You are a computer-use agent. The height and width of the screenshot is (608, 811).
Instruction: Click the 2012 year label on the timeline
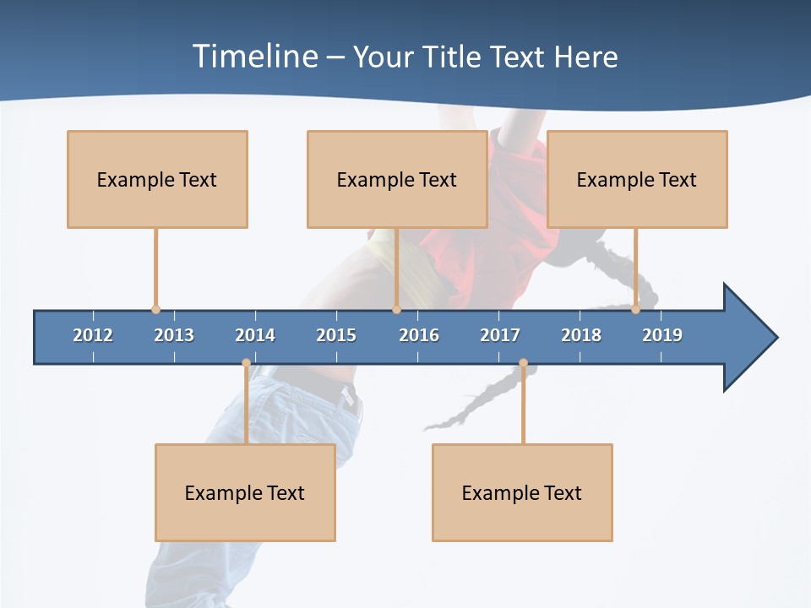tap(93, 335)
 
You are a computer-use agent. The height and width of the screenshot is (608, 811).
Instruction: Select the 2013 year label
tap(174, 335)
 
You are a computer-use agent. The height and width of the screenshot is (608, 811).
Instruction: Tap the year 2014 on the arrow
tap(255, 335)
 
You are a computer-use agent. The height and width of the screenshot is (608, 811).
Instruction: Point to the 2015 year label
tap(336, 335)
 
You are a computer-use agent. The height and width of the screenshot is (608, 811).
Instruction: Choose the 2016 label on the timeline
tap(419, 335)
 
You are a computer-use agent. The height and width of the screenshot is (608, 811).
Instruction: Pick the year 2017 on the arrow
tap(500, 335)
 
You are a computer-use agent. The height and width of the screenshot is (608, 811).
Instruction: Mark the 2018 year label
tap(581, 335)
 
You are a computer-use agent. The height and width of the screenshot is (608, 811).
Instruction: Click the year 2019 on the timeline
tap(662, 335)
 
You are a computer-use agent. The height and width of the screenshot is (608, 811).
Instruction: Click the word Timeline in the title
tap(253, 57)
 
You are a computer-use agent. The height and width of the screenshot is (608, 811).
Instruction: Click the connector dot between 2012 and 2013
tap(155, 310)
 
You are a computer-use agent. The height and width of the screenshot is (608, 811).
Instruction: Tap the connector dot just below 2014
tap(246, 363)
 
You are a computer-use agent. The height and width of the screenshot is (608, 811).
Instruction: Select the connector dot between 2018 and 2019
tap(635, 310)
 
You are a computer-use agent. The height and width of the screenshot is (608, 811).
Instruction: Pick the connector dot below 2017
tap(523, 363)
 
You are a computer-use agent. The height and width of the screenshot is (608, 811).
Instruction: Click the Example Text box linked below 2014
tap(245, 492)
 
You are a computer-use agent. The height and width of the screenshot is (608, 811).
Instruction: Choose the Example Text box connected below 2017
tap(522, 492)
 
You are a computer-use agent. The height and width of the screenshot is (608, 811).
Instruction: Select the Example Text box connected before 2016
tap(397, 179)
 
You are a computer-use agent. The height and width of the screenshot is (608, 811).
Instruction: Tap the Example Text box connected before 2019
tap(637, 179)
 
